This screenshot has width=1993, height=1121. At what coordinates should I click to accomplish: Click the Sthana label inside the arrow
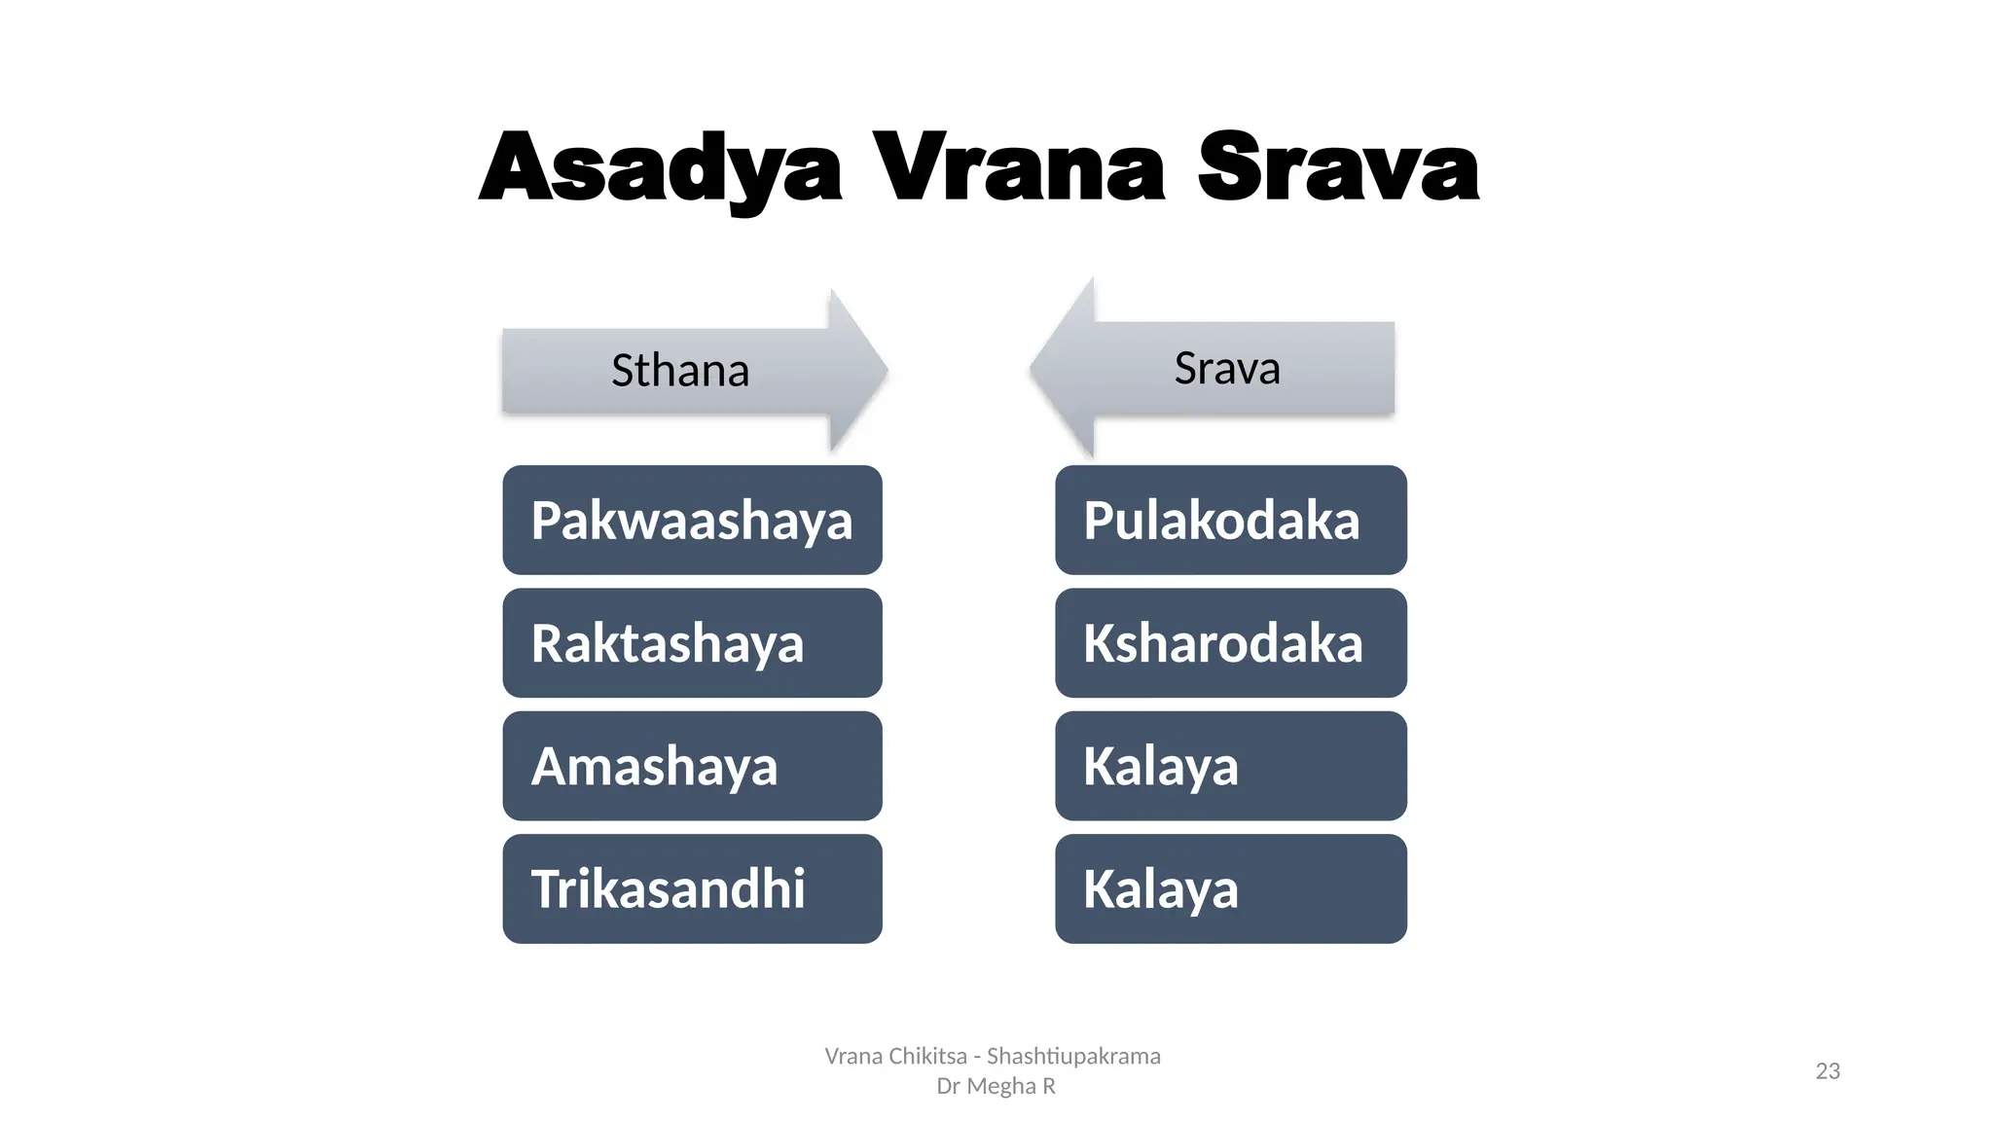coord(680,371)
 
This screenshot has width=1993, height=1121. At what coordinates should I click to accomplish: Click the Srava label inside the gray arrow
coord(1226,368)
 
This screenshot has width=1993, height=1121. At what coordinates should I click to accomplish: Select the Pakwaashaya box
coord(692,520)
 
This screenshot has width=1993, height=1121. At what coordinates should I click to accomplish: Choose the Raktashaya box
coord(692,643)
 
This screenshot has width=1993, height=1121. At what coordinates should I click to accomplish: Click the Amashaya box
coord(692,766)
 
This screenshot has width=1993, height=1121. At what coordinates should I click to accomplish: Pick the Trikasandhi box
coord(692,888)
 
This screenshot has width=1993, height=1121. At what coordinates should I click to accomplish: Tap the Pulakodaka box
coord(1230,520)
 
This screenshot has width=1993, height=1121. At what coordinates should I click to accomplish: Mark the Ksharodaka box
coord(1230,643)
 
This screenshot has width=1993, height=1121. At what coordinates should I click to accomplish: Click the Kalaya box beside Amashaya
coord(1230,766)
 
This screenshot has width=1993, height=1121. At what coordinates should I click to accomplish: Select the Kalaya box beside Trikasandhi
coord(1230,888)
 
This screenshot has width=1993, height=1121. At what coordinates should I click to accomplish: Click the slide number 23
coord(1828,1071)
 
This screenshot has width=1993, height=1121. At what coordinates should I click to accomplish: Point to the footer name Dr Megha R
coord(996,1086)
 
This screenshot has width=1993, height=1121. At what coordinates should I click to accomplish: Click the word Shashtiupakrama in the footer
coord(1073,1056)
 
